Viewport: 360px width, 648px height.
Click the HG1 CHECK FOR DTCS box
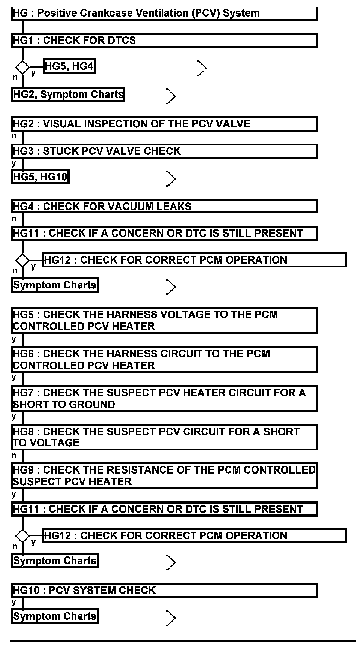tap(164, 40)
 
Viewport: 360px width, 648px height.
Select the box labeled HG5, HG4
tap(69, 66)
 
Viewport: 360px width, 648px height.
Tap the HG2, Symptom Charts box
tap(68, 94)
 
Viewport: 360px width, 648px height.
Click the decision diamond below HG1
tap(22, 67)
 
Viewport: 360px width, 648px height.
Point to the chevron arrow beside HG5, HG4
tap(202, 68)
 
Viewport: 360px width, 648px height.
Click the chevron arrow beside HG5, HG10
tap(171, 179)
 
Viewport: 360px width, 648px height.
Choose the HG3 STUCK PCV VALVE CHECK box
tap(164, 151)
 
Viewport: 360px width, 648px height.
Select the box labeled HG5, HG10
tap(40, 177)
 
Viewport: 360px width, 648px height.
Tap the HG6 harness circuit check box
tap(164, 359)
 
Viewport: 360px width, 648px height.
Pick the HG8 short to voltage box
tap(164, 437)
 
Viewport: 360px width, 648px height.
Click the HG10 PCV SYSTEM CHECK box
tap(164, 590)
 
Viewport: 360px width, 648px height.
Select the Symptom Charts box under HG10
tap(55, 616)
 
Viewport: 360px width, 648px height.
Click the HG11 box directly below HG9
tap(164, 509)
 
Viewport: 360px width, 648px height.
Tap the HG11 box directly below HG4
tap(164, 233)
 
